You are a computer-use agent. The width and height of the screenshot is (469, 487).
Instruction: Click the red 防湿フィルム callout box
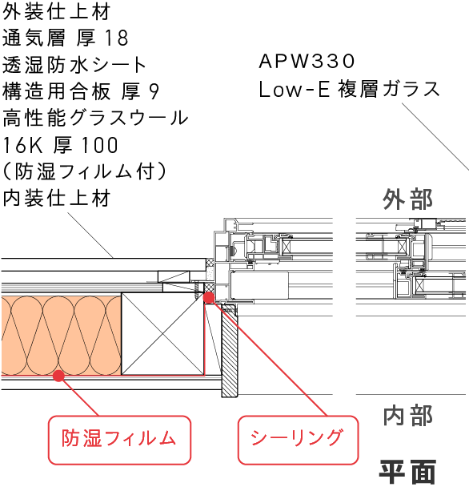pyautogui.click(x=119, y=440)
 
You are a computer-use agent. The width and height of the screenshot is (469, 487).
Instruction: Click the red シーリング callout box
pyautogui.click(x=299, y=440)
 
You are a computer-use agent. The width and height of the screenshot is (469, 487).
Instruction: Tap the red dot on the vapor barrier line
pyautogui.click(x=58, y=376)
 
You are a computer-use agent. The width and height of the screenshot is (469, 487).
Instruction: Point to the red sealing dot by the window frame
pyautogui.click(x=209, y=297)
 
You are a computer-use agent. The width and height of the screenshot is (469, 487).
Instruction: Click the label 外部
pyautogui.click(x=407, y=199)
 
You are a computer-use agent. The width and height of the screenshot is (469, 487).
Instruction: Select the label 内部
pyautogui.click(x=407, y=415)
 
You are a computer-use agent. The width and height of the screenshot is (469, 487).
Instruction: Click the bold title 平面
pyautogui.click(x=407, y=472)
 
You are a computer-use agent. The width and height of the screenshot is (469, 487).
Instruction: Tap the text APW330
pyautogui.click(x=307, y=61)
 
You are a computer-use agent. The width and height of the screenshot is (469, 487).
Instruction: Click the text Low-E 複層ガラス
pyautogui.click(x=349, y=89)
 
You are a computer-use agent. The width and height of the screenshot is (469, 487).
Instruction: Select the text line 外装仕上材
pyautogui.click(x=56, y=12)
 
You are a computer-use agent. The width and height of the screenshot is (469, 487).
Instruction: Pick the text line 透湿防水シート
pyautogui.click(x=74, y=65)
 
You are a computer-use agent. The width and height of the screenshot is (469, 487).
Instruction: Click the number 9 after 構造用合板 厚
pyautogui.click(x=154, y=91)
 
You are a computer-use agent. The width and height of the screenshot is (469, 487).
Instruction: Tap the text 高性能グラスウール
pyautogui.click(x=95, y=118)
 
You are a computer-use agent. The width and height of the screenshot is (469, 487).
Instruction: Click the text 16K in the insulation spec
pyautogui.click(x=22, y=145)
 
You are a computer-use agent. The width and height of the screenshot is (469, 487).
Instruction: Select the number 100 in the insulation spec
pyautogui.click(x=99, y=145)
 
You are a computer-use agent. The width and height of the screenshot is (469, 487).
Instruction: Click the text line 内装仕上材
pyautogui.click(x=56, y=198)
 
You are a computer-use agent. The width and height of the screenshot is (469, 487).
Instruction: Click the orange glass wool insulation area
pyautogui.click(x=61, y=336)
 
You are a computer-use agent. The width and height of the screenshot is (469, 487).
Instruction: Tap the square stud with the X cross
pyautogui.click(x=162, y=333)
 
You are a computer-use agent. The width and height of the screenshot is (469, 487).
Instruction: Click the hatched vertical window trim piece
pyautogui.click(x=230, y=351)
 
